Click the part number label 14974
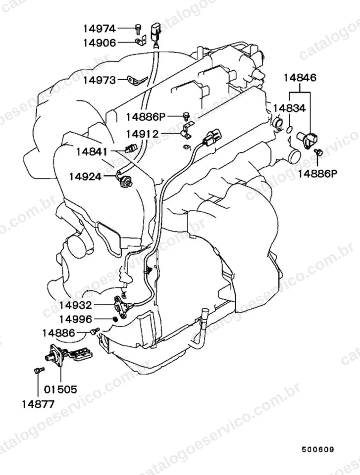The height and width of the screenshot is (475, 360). pyautogui.click(x=100, y=29)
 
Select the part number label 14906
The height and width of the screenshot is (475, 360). pyautogui.click(x=100, y=43)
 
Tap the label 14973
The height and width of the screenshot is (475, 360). pyautogui.click(x=100, y=80)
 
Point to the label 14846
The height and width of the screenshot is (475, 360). pyautogui.click(x=300, y=78)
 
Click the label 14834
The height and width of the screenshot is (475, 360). pyautogui.click(x=290, y=108)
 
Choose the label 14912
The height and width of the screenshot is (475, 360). pyautogui.click(x=142, y=134)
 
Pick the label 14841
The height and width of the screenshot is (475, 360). pyautogui.click(x=92, y=151)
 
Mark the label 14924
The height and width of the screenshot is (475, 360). pyautogui.click(x=85, y=176)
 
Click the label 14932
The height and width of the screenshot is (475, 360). pyautogui.click(x=76, y=305)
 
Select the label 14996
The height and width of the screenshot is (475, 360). pyautogui.click(x=76, y=319)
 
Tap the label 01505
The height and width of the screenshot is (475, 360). pyautogui.click(x=60, y=389)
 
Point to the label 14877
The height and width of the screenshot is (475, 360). pyautogui.click(x=38, y=404)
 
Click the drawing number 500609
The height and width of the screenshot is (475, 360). pyautogui.click(x=317, y=449)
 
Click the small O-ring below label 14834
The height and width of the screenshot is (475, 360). pyautogui.click(x=289, y=130)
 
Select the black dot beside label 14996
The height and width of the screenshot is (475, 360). pyautogui.click(x=115, y=319)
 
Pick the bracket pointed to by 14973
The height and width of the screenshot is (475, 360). pyautogui.click(x=137, y=80)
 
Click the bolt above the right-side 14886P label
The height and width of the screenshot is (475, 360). pyautogui.click(x=318, y=152)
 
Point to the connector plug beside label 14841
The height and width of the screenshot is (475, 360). pyautogui.click(x=131, y=148)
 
